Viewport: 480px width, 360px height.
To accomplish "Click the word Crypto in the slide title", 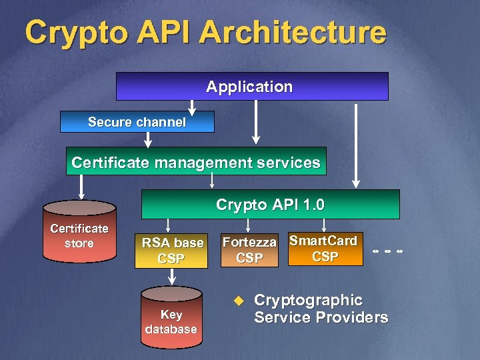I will tap(70, 32).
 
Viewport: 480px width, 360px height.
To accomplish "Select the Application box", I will tap(252, 87).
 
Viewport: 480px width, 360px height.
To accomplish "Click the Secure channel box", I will tap(137, 122).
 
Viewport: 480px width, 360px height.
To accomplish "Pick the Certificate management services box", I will tap(196, 162).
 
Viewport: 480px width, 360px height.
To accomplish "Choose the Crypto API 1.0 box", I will tap(270, 204).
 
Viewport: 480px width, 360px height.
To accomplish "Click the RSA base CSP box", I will tap(171, 251).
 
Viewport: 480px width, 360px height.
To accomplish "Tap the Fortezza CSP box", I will tap(249, 250).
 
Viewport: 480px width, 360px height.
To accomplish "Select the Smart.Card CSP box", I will tap(325, 249).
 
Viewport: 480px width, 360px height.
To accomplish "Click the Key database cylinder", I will tap(171, 319).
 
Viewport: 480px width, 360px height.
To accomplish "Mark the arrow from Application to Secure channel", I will tap(192, 107).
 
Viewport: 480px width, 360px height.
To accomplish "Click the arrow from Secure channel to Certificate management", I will tap(148, 139).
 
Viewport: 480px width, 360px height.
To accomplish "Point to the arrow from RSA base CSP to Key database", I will tap(171, 277).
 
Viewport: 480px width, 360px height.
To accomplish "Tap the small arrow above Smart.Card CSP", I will tap(323, 225).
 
